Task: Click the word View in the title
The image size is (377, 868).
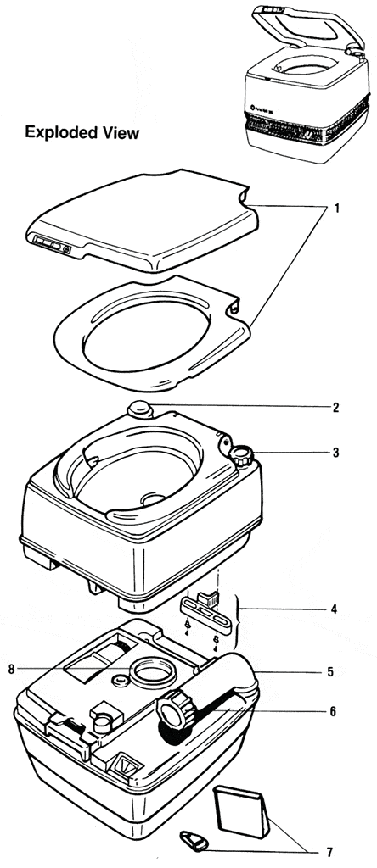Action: pyautogui.click(x=121, y=133)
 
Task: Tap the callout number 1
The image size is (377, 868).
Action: pyautogui.click(x=336, y=208)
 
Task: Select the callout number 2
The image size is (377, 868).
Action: pyautogui.click(x=336, y=408)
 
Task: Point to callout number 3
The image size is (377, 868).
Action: pyautogui.click(x=336, y=453)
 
